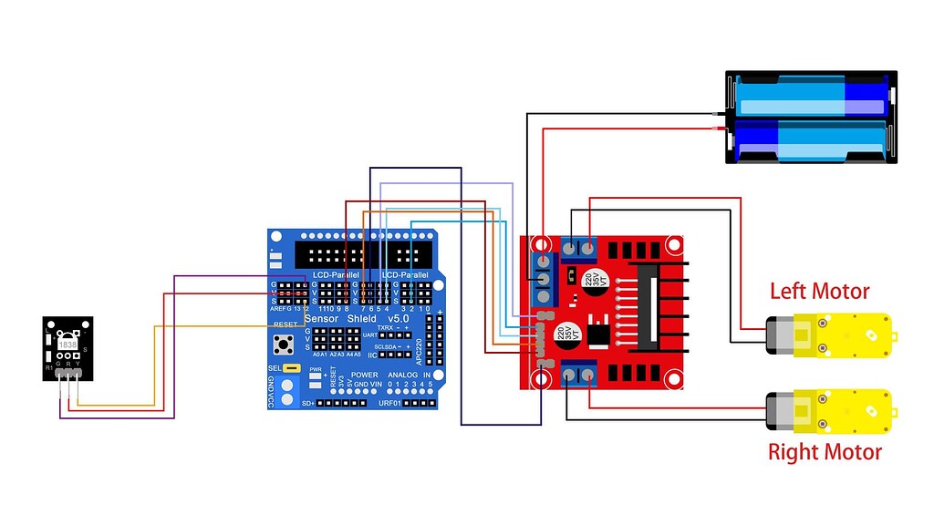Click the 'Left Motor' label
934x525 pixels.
coord(819,292)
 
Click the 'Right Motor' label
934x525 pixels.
coord(825,452)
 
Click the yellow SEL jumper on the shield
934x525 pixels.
coord(292,368)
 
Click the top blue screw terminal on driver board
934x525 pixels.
coord(578,247)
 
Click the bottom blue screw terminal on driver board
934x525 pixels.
coord(578,372)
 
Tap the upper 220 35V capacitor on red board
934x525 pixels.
coord(593,277)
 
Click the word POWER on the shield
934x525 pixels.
coord(364,376)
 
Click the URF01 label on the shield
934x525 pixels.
coord(393,402)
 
